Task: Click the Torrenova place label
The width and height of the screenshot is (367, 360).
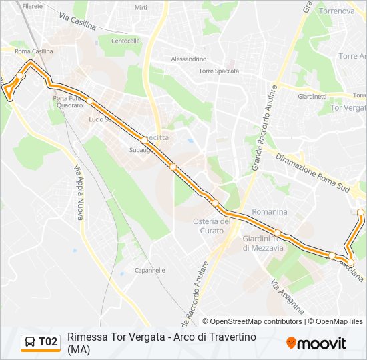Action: pos(336,11)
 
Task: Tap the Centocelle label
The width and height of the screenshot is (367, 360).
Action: pos(125,41)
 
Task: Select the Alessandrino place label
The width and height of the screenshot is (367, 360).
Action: pos(189,59)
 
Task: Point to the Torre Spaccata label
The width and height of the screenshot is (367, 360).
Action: pos(218,71)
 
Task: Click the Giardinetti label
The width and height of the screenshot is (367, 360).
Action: pos(312,96)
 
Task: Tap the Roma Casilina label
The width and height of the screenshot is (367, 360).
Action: pos(33,51)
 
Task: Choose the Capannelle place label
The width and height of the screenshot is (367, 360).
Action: pos(149,270)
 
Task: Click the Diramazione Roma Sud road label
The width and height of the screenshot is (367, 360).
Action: pos(312,171)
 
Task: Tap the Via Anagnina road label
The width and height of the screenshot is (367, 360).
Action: pos(287,297)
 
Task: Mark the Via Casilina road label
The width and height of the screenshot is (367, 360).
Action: pos(77,21)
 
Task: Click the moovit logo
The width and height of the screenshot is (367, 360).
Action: pos(316,343)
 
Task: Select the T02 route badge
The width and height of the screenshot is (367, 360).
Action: pos(48,342)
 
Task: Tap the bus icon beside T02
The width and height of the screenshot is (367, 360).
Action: pos(30,343)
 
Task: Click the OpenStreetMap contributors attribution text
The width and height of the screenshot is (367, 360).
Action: pos(256,321)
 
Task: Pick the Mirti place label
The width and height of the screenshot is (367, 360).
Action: pos(141,8)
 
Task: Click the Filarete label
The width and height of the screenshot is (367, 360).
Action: pos(32,6)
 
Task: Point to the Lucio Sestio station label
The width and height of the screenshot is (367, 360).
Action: pos(99,119)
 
